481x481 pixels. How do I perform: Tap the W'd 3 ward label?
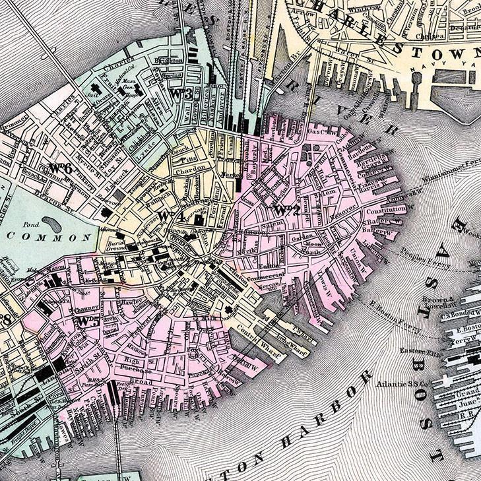[x=181, y=94]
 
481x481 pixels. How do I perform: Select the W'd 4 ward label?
[x=170, y=216]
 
